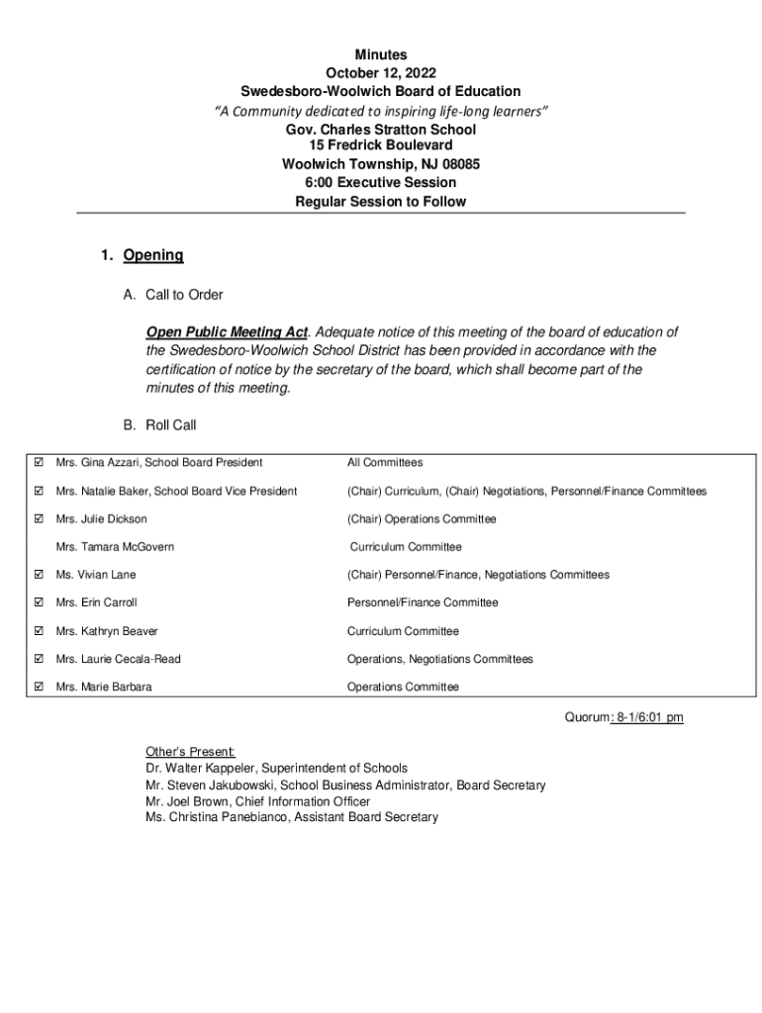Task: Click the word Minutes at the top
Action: coord(381,54)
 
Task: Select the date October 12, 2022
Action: coord(381,73)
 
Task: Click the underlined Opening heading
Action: coord(153,255)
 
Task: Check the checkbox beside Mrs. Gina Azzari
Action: coord(39,462)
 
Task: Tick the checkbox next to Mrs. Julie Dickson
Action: coord(39,518)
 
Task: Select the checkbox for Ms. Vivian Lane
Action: coord(39,575)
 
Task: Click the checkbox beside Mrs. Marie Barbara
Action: coord(39,687)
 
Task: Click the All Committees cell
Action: coord(384,462)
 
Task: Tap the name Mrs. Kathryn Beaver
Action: coord(107,631)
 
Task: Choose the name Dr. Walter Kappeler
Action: coord(206,768)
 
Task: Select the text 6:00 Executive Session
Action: coord(381,183)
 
